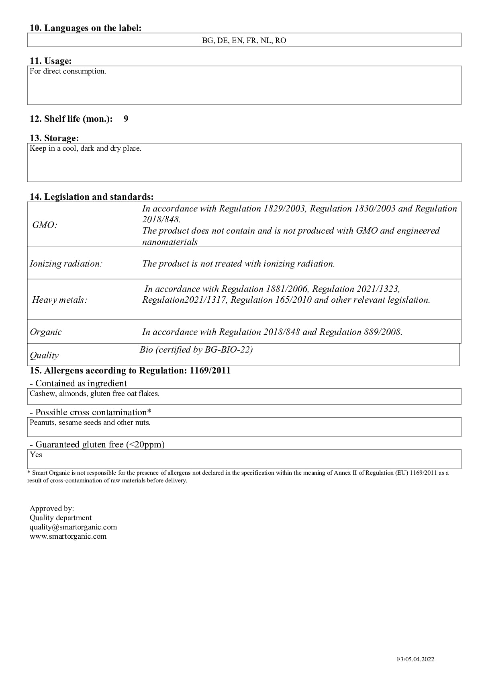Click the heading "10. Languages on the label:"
click(86, 28)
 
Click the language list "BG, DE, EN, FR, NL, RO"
click(244, 41)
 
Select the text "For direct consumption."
click(68, 72)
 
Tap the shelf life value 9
click(126, 119)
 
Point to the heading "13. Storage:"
click(54, 138)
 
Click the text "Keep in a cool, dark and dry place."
click(86, 149)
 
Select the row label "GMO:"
click(45, 225)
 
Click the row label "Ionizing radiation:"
click(66, 264)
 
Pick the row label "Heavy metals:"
click(59, 300)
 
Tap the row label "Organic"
click(46, 332)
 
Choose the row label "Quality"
click(44, 355)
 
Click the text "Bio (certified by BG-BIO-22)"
click(196, 350)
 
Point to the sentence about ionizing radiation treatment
click(239, 264)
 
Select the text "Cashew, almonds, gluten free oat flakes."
click(94, 394)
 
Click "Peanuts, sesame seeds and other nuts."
click(90, 423)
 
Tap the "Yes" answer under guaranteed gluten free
click(36, 455)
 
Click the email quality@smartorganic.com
click(73, 527)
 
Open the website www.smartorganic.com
click(68, 536)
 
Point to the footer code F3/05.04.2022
click(415, 659)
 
